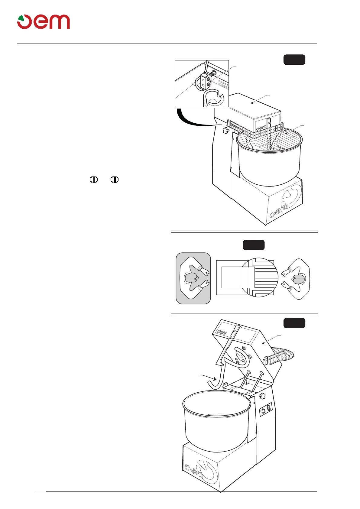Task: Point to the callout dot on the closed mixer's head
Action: [x=252, y=103]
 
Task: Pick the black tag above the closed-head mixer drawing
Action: [x=294, y=60]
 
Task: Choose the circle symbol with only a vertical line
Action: [x=94, y=180]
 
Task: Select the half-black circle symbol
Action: [x=114, y=180]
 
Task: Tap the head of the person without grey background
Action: [x=299, y=279]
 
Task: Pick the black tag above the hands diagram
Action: [x=254, y=245]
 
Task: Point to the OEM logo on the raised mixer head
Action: [x=222, y=332]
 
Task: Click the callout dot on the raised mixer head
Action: [x=264, y=343]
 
